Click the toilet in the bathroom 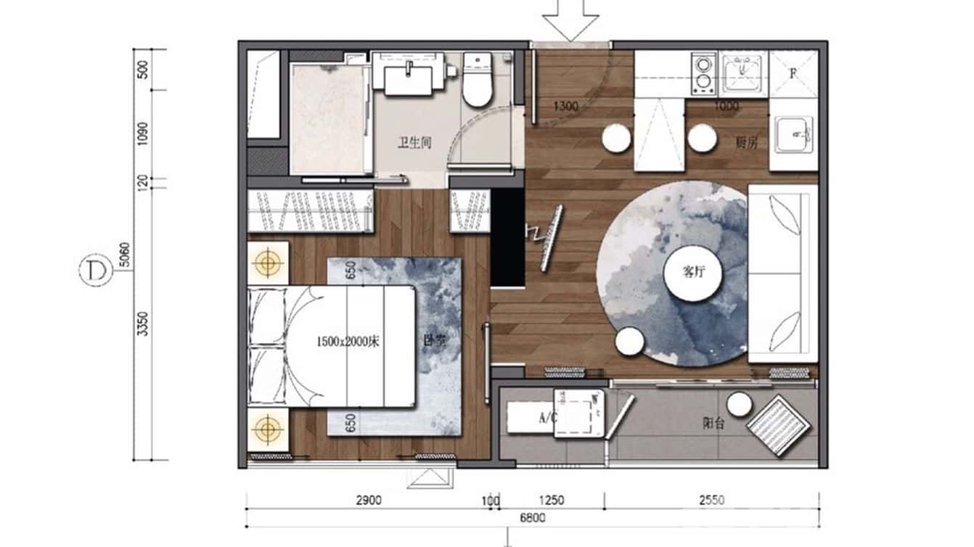pyautogui.click(x=478, y=82)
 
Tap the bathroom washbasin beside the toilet pyautogui.click(x=412, y=77)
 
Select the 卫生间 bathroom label pyautogui.click(x=414, y=143)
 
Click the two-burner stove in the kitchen pyautogui.click(x=703, y=73)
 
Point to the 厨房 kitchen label pyautogui.click(x=746, y=143)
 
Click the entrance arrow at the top pyautogui.click(x=570, y=20)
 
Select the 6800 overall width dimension pyautogui.click(x=533, y=518)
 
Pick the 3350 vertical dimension pyautogui.click(x=143, y=323)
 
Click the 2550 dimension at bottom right pyautogui.click(x=711, y=500)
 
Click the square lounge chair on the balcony pyautogui.click(x=779, y=424)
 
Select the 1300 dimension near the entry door pyautogui.click(x=566, y=107)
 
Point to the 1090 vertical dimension pyautogui.click(x=143, y=133)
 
